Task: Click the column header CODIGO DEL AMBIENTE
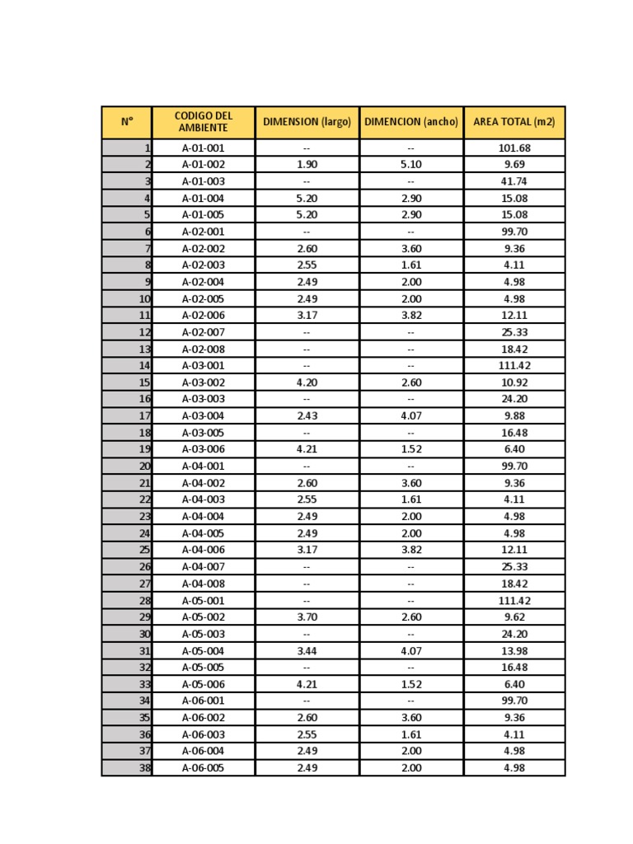click(x=203, y=122)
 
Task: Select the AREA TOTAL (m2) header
click(x=514, y=122)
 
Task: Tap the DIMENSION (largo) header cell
click(x=307, y=122)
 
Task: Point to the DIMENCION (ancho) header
click(x=410, y=122)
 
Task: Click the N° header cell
click(x=127, y=122)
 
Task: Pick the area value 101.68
click(x=514, y=148)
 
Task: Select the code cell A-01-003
click(x=203, y=181)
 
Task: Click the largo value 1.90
click(x=307, y=165)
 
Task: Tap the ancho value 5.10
click(x=410, y=165)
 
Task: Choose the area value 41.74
click(x=514, y=181)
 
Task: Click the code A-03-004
click(x=203, y=416)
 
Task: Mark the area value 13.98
click(x=514, y=651)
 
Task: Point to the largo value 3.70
click(x=307, y=617)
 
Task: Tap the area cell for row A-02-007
click(x=514, y=332)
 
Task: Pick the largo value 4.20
click(x=307, y=382)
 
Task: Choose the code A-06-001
click(x=203, y=701)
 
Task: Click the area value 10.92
click(x=514, y=382)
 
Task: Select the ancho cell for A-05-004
click(x=410, y=651)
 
